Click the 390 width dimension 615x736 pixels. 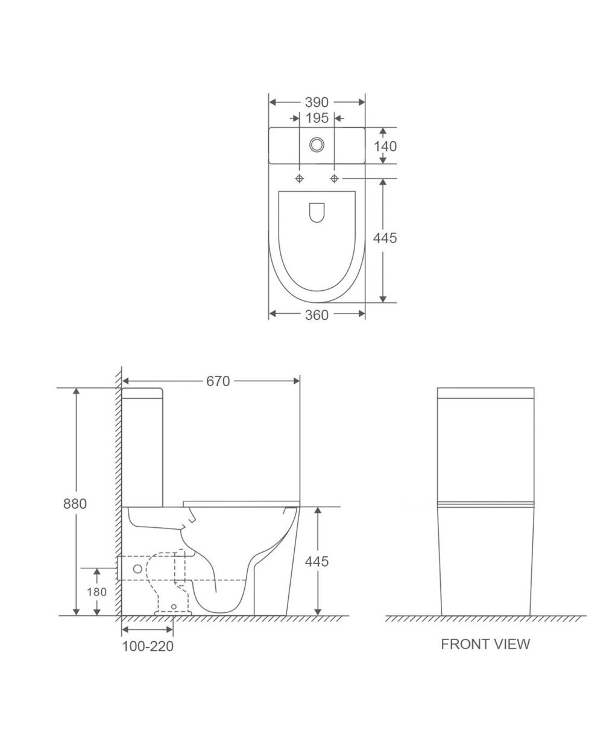[x=317, y=102]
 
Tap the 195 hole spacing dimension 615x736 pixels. [x=317, y=118]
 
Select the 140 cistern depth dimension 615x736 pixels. [x=385, y=146]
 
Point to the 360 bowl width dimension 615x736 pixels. [x=317, y=315]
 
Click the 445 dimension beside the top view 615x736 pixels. [x=385, y=238]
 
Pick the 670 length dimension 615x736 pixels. [x=218, y=381]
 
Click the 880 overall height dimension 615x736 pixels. [x=75, y=504]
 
